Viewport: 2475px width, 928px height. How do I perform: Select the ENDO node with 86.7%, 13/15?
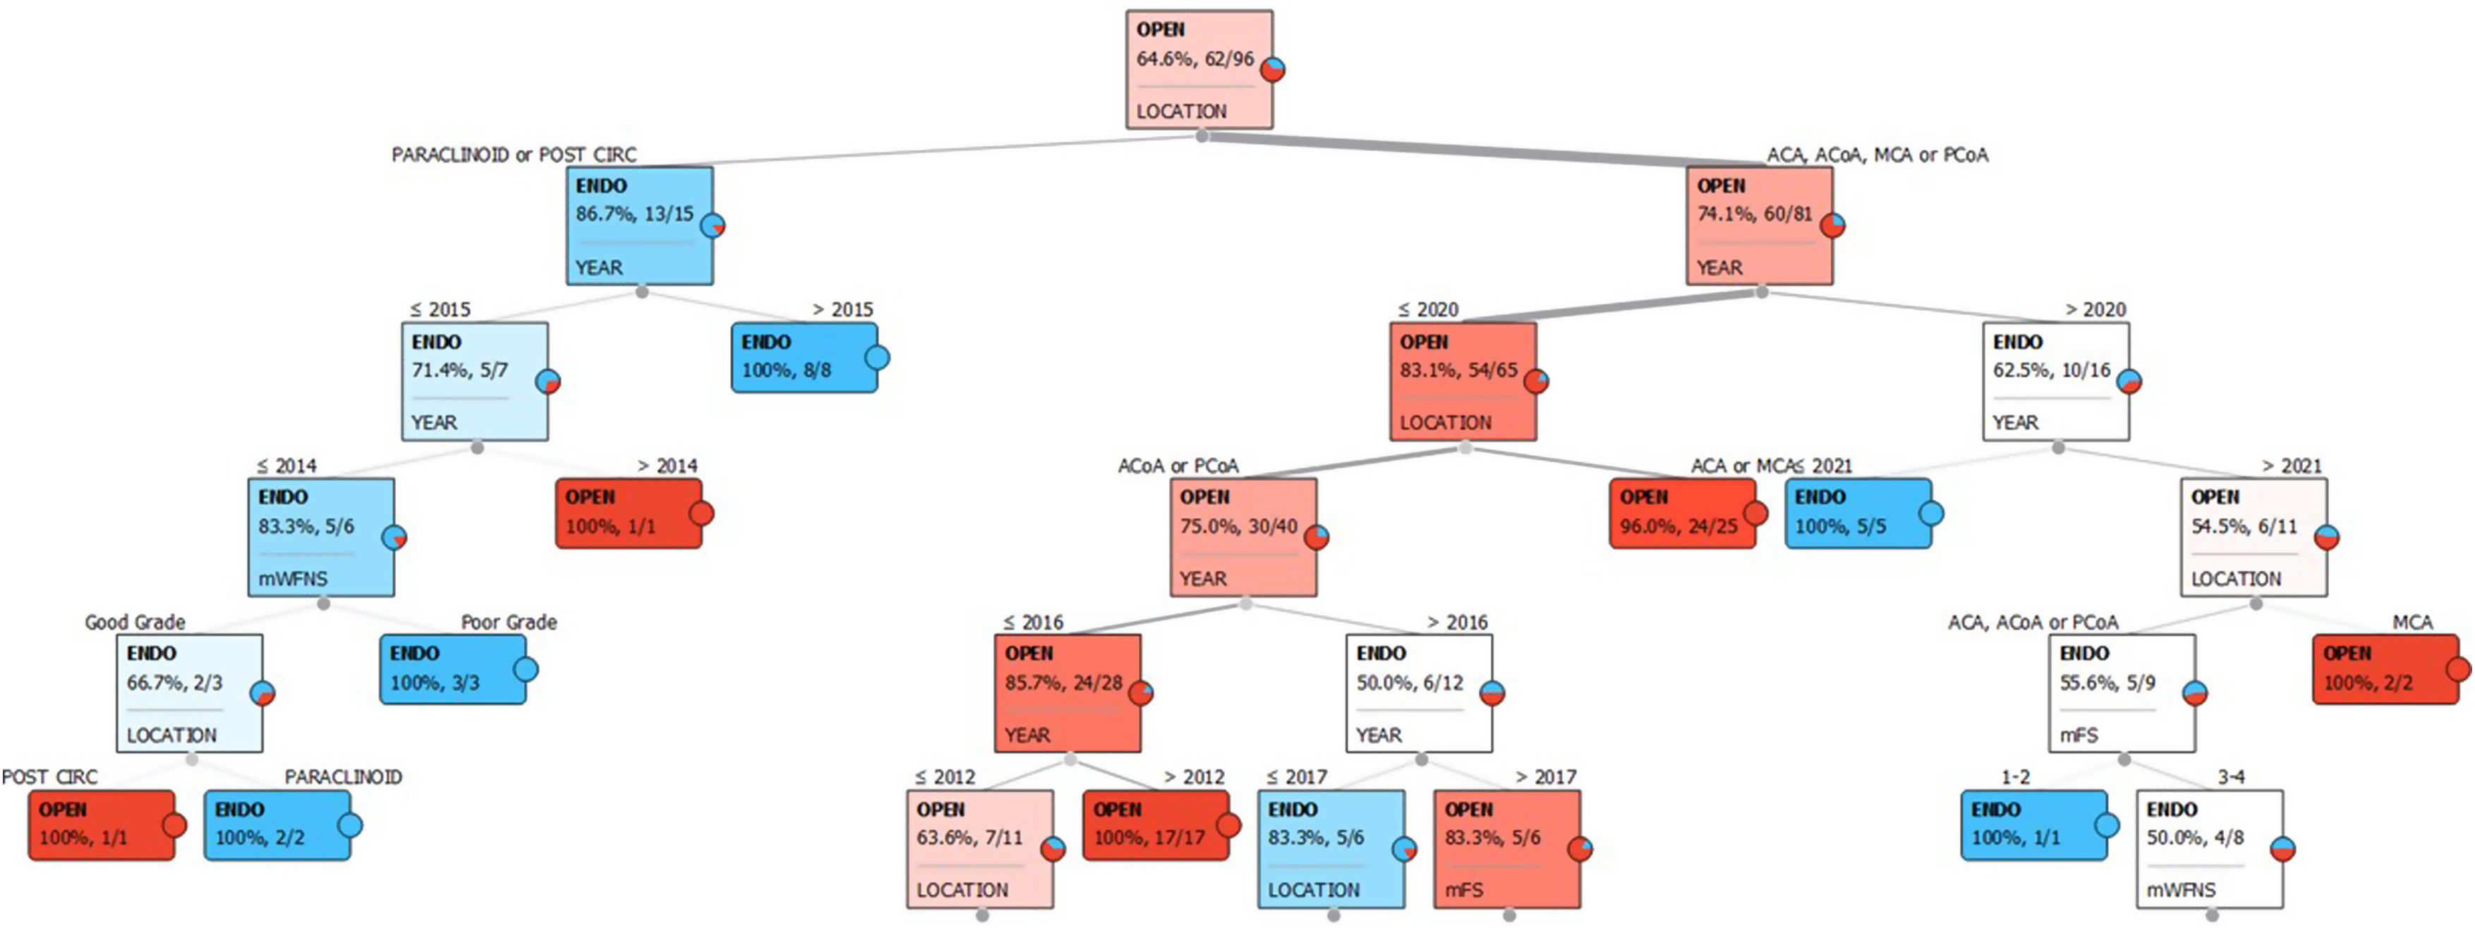click(x=639, y=226)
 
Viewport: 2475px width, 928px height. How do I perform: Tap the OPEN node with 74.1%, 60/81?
click(x=1758, y=226)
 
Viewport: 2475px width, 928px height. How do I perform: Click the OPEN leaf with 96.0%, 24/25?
click(x=1681, y=513)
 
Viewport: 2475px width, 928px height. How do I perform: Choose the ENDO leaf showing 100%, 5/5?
click(x=1857, y=513)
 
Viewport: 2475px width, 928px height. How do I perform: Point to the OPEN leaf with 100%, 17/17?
click(x=1155, y=824)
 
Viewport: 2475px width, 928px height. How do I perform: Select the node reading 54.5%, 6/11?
click(x=2253, y=537)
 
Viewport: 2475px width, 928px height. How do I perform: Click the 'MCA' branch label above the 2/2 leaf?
click(x=2412, y=622)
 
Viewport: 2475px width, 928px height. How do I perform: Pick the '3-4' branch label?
click(x=2230, y=776)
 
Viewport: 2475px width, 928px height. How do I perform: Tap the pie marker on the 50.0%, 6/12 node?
click(x=1491, y=692)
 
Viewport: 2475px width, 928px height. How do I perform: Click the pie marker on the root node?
click(x=1273, y=69)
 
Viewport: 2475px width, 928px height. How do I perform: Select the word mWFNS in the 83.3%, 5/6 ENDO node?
click(x=292, y=578)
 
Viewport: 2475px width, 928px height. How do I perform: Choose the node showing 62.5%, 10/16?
click(x=2055, y=381)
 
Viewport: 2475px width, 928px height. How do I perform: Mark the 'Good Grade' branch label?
click(x=135, y=622)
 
